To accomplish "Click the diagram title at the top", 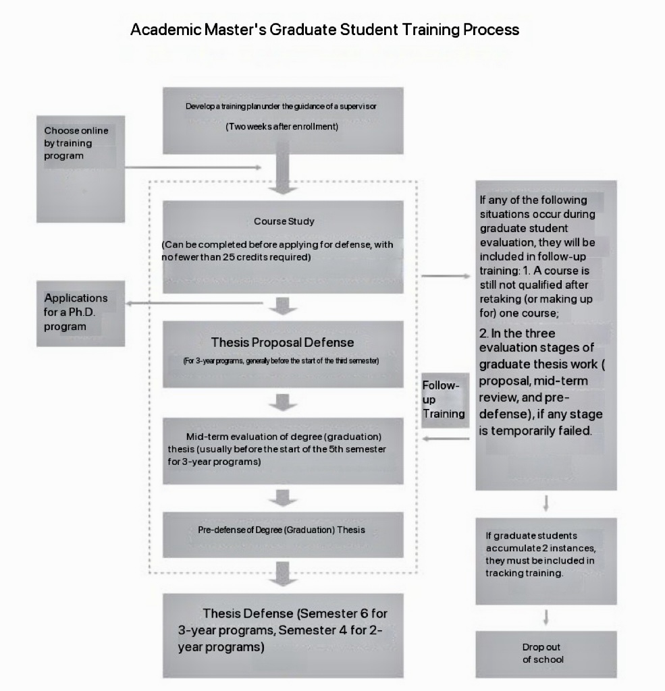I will pos(325,30).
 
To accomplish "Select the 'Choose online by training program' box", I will pos(80,169).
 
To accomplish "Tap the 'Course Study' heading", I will pos(284,221).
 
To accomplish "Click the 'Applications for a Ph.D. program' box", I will pos(80,313).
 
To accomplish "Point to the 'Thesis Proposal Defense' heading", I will pos(282,342).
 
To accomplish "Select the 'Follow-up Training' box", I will pos(444,399).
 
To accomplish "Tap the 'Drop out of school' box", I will pos(546,654).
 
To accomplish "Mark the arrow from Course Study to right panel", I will pos(445,276).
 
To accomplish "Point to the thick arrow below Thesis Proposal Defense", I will pos(283,402).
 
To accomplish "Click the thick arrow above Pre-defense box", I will pos(283,498).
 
